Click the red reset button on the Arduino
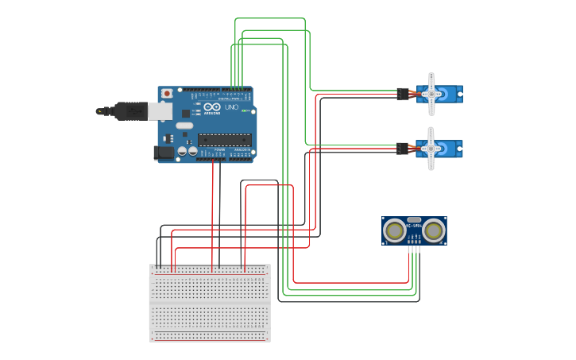tap(166, 93)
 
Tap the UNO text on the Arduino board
tap(232, 107)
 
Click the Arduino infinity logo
tap(212, 106)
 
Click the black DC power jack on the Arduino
tap(164, 152)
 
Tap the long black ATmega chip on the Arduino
tap(224, 140)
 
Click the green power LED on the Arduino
tap(244, 110)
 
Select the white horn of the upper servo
tap(431, 95)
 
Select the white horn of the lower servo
tap(431, 149)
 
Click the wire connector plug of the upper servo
tap(403, 95)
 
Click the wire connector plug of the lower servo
tap(402, 148)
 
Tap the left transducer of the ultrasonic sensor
tap(394, 230)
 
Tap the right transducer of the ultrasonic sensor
tap(433, 230)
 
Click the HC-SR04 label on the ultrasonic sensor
tap(414, 226)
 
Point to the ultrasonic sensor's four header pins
tap(414, 249)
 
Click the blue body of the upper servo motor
tap(451, 95)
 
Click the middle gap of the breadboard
tap(210, 303)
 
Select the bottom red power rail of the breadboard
tap(210, 339)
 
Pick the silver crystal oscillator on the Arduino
tap(184, 126)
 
